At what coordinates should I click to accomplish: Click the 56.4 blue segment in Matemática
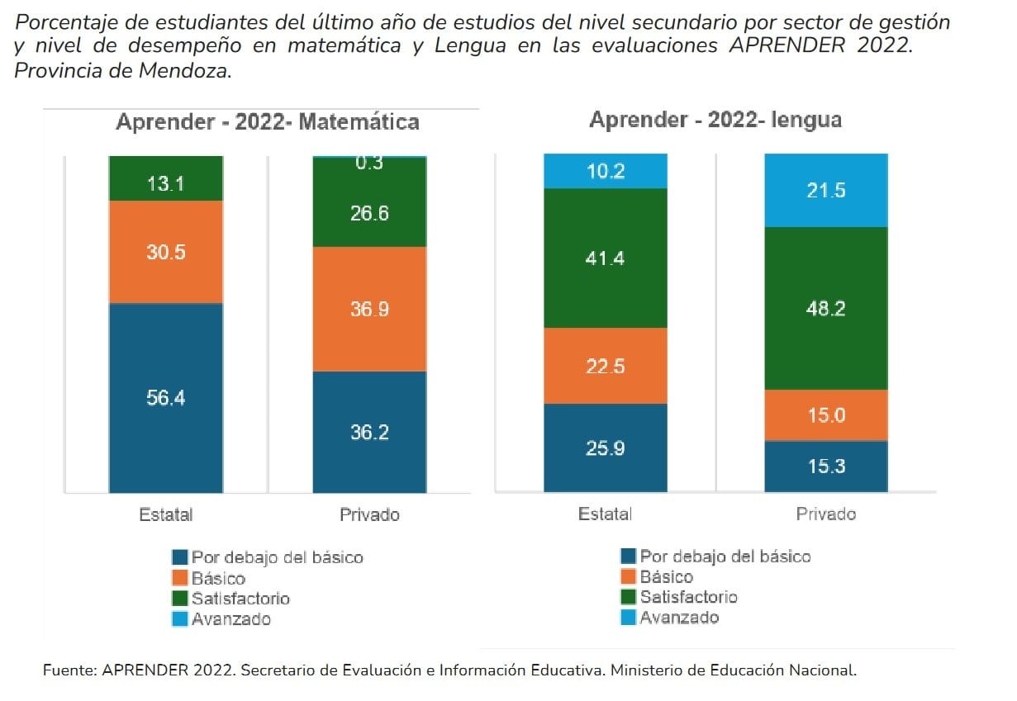coord(166,398)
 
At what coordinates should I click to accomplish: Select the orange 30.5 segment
coord(166,252)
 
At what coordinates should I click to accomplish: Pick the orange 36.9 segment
coord(369,309)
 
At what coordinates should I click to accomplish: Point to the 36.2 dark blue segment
coord(369,432)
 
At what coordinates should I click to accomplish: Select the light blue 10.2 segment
coord(606,171)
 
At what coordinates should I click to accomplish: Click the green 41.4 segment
coord(606,258)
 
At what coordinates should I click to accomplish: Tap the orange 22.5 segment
coord(606,366)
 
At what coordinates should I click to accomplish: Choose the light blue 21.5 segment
coord(826,191)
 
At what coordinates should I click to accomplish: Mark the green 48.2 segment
coord(826,309)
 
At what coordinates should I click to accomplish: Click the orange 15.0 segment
coord(826,415)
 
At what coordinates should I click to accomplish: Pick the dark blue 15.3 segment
coord(826,467)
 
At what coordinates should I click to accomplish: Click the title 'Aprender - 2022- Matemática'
coord(268,122)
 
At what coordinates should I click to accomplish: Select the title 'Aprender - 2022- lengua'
coord(715,120)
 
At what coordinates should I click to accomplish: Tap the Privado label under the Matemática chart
coord(369,514)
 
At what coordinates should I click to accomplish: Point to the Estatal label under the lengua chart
coord(605,514)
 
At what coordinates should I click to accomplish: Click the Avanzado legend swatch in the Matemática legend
coord(180,619)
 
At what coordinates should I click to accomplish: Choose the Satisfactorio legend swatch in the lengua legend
coord(629,597)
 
